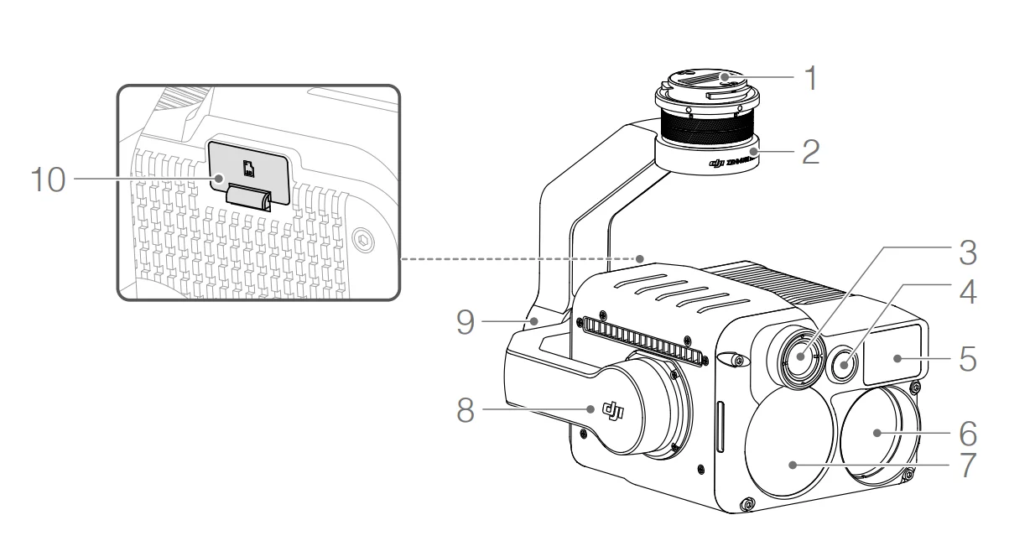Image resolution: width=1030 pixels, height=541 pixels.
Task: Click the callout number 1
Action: pos(809,79)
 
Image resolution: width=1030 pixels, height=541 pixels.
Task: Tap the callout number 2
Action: pos(809,153)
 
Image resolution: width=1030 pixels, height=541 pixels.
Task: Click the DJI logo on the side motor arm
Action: pos(614,410)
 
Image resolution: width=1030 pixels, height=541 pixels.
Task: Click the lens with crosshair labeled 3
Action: pos(800,356)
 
